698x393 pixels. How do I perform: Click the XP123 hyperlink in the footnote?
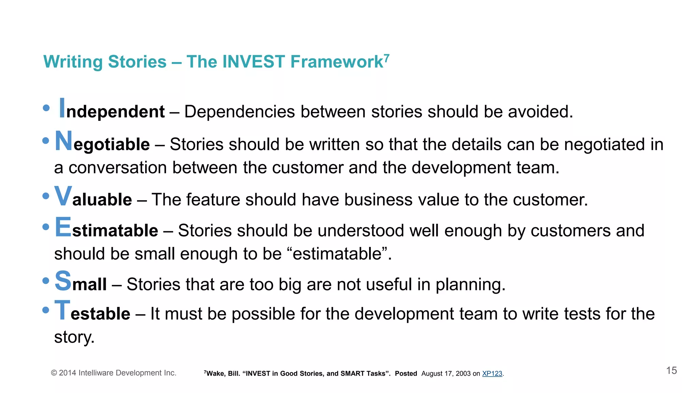pyautogui.click(x=492, y=374)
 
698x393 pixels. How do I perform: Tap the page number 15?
pyautogui.click(x=671, y=370)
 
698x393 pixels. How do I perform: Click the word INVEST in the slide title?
pyautogui.click(x=253, y=62)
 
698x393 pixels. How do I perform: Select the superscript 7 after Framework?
pyautogui.click(x=386, y=58)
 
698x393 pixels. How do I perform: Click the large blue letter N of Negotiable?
pyautogui.click(x=64, y=141)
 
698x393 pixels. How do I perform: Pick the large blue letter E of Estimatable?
pyautogui.click(x=63, y=227)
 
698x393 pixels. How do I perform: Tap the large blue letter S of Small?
pyautogui.click(x=63, y=281)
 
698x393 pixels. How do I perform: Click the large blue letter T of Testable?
pyautogui.click(x=62, y=310)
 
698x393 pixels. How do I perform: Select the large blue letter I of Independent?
pyautogui.click(x=62, y=108)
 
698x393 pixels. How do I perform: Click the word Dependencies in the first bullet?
pyautogui.click(x=239, y=112)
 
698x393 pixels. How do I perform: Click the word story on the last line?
pyautogui.click(x=74, y=337)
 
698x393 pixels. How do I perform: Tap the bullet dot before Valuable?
pyautogui.click(x=46, y=196)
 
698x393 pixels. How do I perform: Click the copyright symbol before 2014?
pyautogui.click(x=54, y=373)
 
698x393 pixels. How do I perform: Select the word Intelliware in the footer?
pyautogui.click(x=96, y=373)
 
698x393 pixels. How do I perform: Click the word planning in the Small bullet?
pyautogui.click(x=470, y=285)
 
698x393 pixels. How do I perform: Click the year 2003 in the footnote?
pyautogui.click(x=463, y=374)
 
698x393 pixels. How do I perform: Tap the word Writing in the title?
pyautogui.click(x=73, y=62)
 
